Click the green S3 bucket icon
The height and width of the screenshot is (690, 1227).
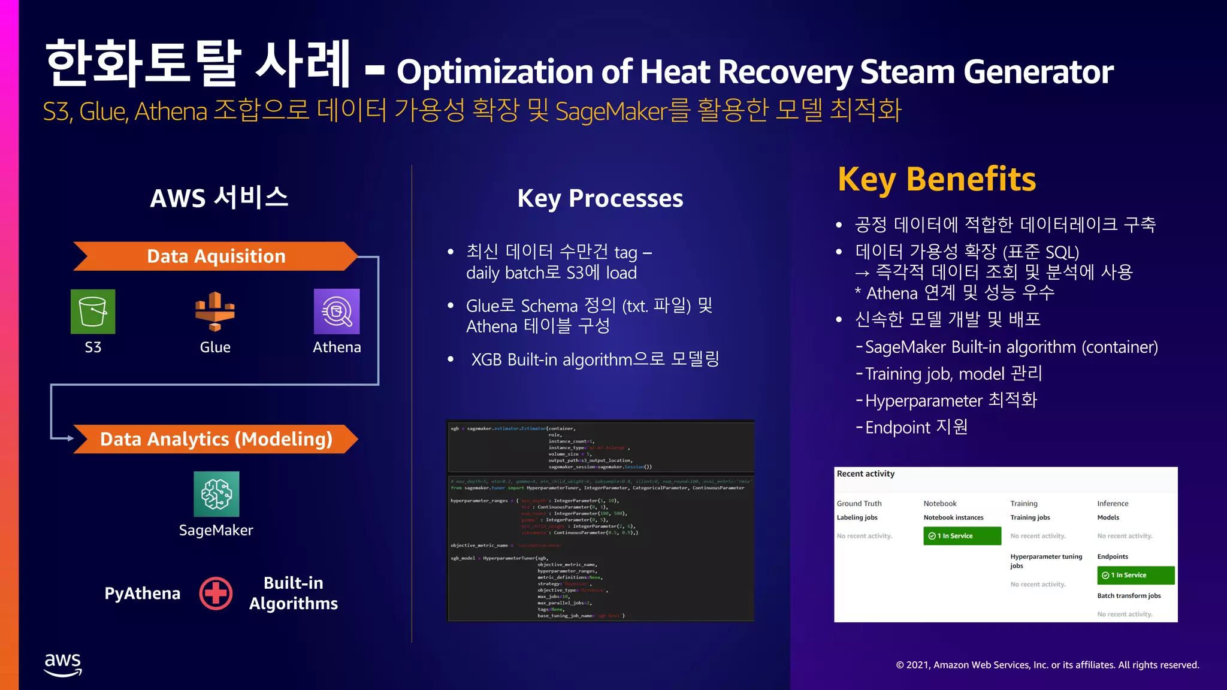point(93,311)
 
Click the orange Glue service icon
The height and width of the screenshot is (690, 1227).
point(214,311)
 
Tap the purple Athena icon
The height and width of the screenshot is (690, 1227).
point(337,311)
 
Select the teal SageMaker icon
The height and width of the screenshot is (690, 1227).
point(216,494)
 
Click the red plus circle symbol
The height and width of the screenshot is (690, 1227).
point(216,594)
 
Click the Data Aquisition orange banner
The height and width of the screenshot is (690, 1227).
point(216,256)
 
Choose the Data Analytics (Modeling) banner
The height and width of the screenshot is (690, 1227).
point(216,439)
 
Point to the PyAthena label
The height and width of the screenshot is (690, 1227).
point(142,594)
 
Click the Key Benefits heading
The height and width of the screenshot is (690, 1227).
point(936,179)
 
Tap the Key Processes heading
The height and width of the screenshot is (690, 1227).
point(600,198)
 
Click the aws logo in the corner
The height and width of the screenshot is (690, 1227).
point(63,664)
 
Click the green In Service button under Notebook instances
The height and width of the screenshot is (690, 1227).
point(962,536)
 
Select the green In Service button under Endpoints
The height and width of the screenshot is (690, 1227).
point(1135,575)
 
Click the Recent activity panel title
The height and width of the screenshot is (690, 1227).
point(865,474)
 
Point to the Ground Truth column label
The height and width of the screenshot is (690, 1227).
point(859,504)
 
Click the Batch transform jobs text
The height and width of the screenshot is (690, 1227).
point(1129,596)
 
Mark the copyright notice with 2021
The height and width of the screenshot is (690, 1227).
point(1047,665)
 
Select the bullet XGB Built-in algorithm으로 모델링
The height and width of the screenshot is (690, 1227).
point(594,359)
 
